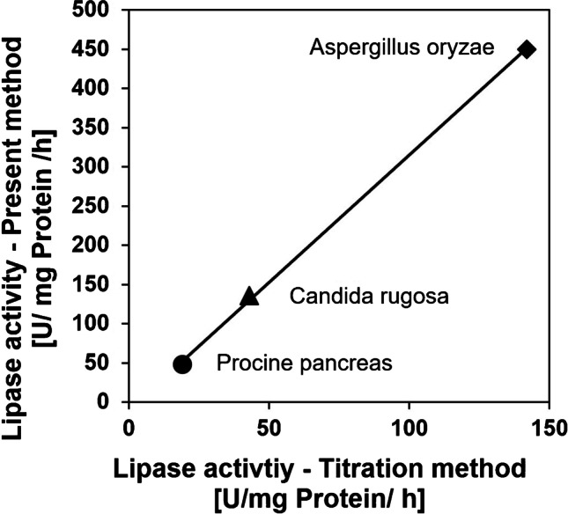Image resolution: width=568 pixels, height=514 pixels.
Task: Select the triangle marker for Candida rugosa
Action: point(249,296)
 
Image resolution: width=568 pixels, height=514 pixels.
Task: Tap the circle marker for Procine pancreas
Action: point(182,363)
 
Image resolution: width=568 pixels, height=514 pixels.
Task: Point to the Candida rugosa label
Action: point(370,297)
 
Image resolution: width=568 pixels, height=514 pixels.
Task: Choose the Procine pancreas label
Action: point(304,363)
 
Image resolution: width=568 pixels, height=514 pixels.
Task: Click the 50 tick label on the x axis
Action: point(269,424)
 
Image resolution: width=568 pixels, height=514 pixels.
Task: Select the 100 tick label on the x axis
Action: point(409,424)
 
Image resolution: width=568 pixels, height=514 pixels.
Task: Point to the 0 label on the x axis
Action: point(129,424)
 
